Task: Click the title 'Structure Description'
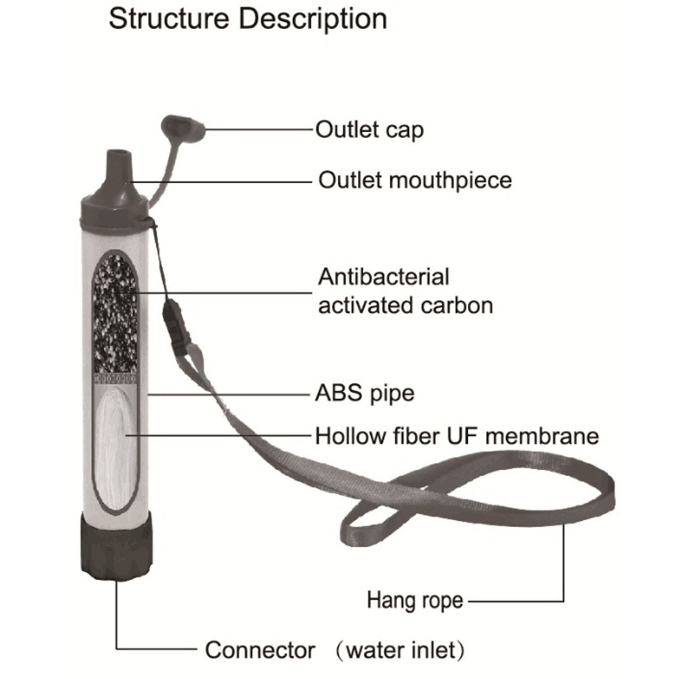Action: point(248,19)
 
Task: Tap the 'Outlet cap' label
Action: point(369,130)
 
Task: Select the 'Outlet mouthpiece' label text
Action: point(415,180)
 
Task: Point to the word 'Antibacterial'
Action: point(383,277)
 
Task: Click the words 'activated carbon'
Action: point(405,306)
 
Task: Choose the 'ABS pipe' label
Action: point(365,393)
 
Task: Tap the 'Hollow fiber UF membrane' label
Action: point(457,436)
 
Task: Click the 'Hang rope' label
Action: point(415,600)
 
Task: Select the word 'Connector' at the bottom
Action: point(260,650)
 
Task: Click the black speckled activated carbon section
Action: point(115,314)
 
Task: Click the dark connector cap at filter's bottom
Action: point(116,547)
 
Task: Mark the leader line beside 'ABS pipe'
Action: point(229,395)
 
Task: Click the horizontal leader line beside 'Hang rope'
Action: point(516,601)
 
